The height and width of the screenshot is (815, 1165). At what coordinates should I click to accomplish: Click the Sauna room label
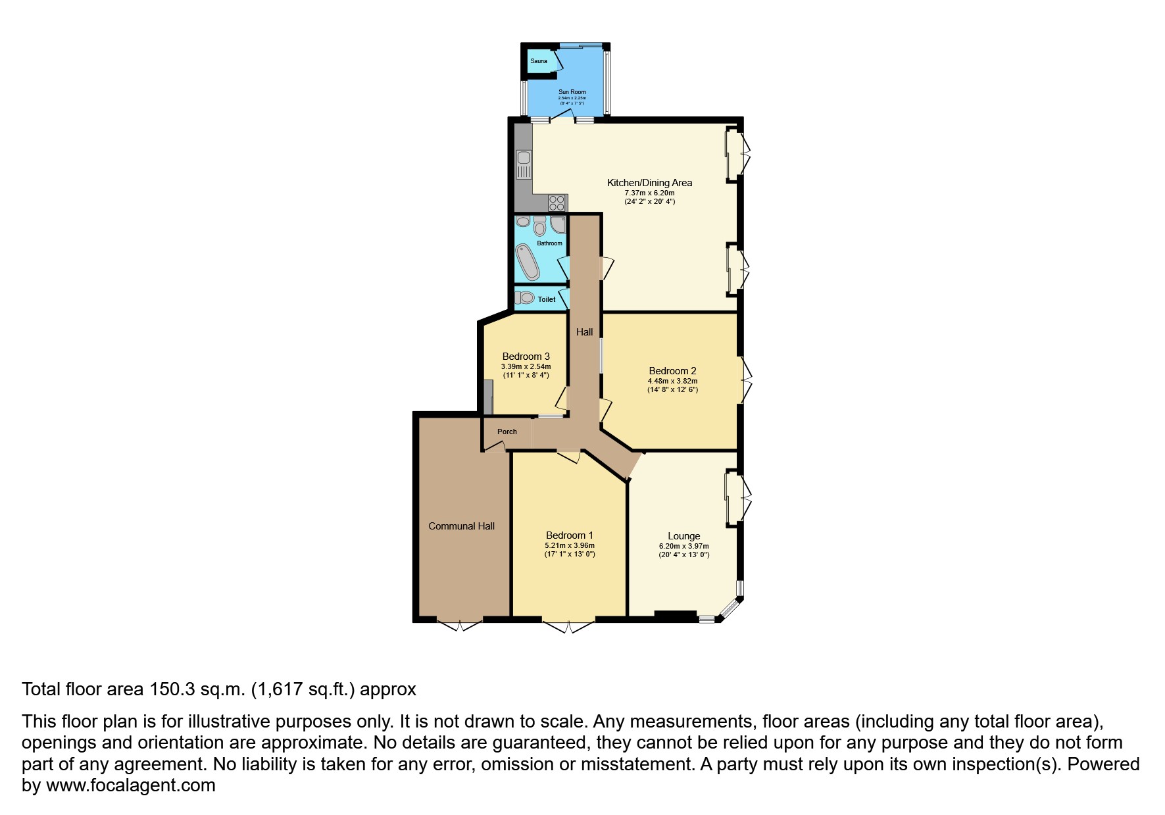[539, 61]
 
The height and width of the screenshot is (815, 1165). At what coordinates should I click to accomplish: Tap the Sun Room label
[572, 92]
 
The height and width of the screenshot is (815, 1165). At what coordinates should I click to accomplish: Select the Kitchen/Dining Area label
[649, 183]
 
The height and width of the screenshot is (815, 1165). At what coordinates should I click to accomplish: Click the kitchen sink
[524, 164]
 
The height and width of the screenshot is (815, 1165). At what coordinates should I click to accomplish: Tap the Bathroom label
[550, 243]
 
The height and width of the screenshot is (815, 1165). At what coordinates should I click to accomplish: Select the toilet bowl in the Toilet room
[524, 298]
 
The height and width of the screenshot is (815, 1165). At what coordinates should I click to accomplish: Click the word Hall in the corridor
[585, 332]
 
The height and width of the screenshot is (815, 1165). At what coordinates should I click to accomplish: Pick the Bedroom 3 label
[526, 357]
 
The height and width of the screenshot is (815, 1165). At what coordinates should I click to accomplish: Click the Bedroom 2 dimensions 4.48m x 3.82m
[672, 381]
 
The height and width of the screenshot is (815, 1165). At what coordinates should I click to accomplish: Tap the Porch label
[507, 432]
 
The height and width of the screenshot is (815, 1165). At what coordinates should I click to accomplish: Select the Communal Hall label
[462, 526]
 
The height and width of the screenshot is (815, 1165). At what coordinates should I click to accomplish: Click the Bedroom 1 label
[570, 535]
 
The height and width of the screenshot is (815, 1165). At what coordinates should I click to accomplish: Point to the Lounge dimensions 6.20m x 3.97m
[684, 546]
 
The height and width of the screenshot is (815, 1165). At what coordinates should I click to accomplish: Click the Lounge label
[684, 536]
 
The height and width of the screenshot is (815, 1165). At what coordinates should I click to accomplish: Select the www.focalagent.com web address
[131, 785]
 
